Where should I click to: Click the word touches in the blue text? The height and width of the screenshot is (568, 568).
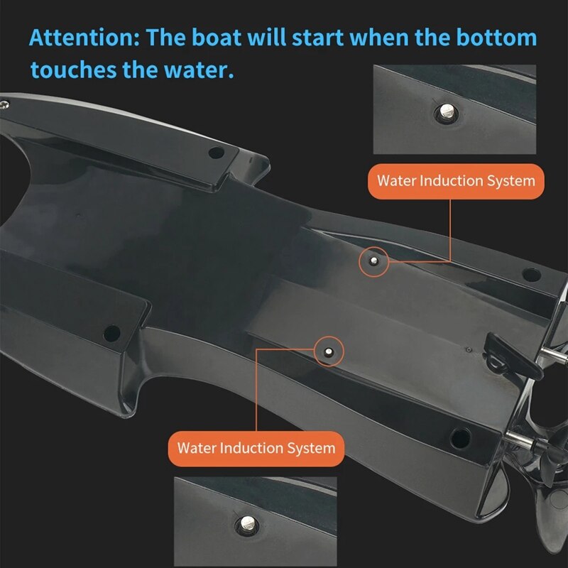[x=68, y=70]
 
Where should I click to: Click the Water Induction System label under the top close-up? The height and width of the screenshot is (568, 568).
[x=456, y=180]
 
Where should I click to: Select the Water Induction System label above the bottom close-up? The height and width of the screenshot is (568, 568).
[x=256, y=448]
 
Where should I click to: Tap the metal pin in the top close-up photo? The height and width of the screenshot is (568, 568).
[x=447, y=111]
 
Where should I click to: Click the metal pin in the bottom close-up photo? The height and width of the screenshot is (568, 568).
[x=249, y=524]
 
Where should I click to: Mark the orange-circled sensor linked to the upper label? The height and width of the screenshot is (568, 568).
[x=373, y=261]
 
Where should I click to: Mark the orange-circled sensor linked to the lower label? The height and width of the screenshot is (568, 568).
[x=329, y=351]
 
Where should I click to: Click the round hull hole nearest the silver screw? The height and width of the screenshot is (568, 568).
[x=217, y=152]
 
